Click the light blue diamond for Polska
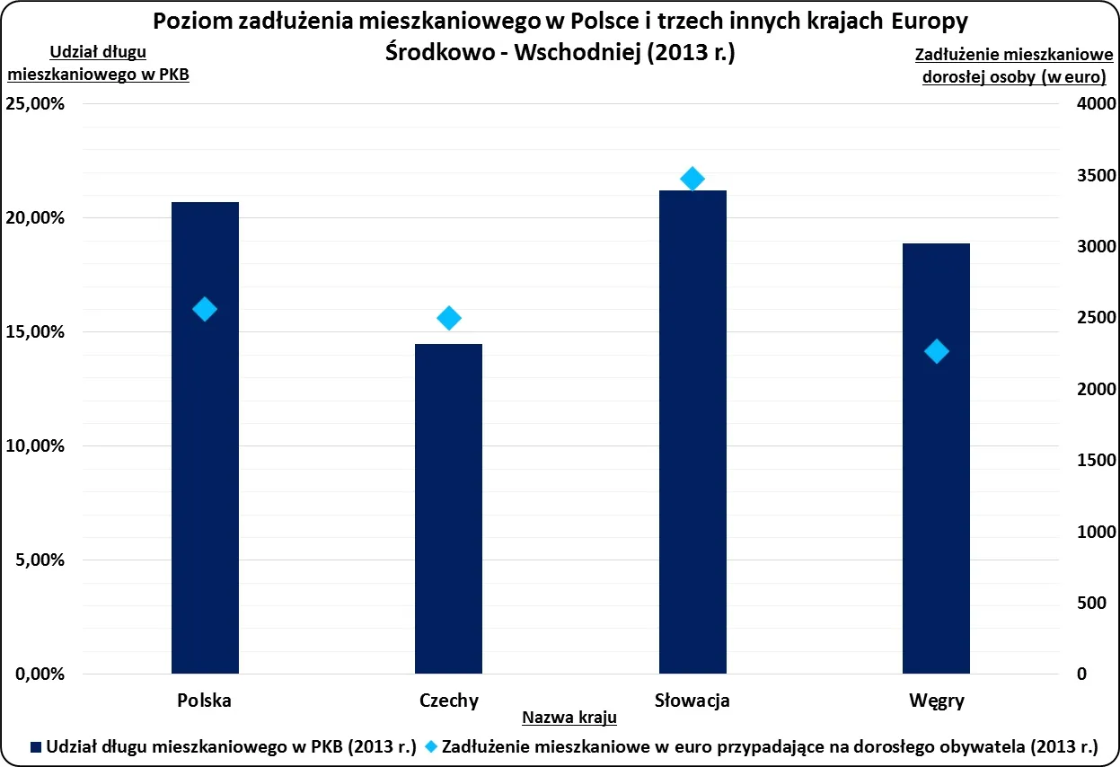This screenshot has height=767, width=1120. pos(205,309)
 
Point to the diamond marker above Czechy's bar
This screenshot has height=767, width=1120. pos(448,318)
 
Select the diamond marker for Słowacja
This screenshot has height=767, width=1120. pos(692,179)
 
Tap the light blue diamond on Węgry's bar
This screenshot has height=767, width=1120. pos(936,351)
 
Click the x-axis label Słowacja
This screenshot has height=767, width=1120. pos(692,701)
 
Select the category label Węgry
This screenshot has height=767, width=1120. pos(936,701)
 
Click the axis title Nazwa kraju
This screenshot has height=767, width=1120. pos(569,718)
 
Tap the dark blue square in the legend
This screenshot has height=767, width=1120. pos(37,746)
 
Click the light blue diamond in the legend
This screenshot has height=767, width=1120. pos(432,746)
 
